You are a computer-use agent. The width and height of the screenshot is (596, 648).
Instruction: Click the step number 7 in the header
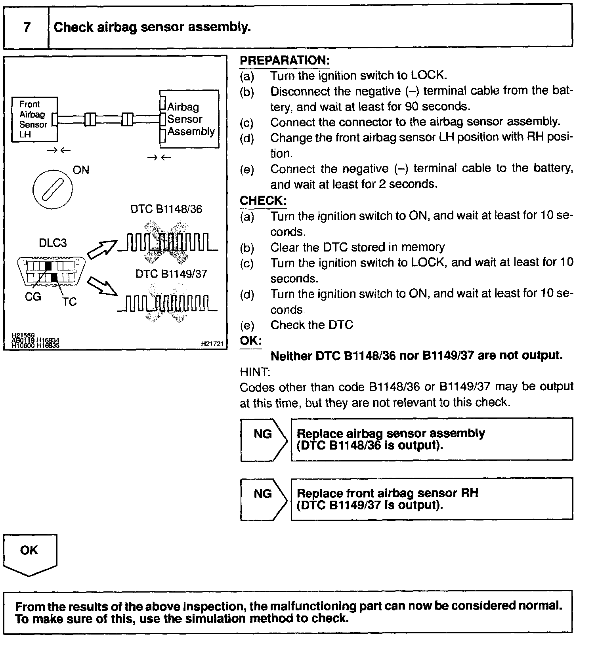click(x=27, y=27)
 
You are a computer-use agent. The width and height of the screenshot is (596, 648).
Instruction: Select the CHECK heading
click(x=263, y=200)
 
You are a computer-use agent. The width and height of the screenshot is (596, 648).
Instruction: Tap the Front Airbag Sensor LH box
click(x=34, y=119)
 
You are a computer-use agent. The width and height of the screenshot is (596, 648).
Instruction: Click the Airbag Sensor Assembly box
click(x=189, y=119)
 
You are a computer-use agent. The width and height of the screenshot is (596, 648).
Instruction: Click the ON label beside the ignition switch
click(x=81, y=170)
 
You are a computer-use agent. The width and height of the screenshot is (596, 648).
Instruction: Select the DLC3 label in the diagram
click(x=53, y=242)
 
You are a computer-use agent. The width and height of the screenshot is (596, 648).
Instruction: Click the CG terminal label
click(x=33, y=297)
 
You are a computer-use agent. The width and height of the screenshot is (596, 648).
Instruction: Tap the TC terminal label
click(x=69, y=302)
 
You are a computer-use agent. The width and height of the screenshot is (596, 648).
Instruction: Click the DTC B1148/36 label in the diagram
click(x=166, y=209)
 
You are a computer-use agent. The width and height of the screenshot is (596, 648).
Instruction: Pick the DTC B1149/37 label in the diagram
click(x=171, y=274)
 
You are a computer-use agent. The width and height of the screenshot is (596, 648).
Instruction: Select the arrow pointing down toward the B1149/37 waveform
click(x=102, y=286)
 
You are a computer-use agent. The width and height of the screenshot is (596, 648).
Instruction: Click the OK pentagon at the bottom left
click(x=30, y=553)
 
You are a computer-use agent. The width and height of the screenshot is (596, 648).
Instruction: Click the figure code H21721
click(x=212, y=344)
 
